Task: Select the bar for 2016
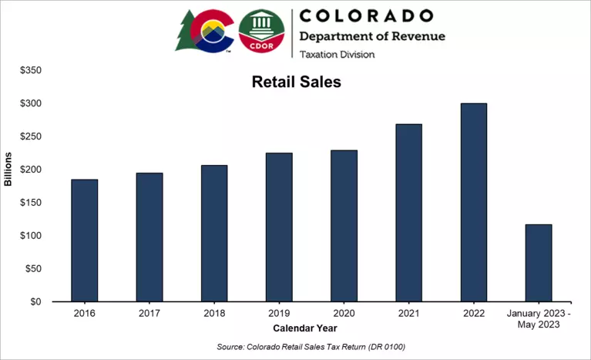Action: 84,241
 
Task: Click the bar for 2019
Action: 279,227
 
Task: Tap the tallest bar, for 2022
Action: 473,203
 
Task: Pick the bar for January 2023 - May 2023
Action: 538,263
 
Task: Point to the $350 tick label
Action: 31,70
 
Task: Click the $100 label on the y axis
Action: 31,236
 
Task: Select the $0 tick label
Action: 35,302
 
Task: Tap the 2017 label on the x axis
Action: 149,315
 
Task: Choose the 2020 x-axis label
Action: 344,315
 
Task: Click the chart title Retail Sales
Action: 296,82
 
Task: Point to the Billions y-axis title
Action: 8,170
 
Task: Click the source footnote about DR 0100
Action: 311,346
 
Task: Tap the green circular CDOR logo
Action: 261,33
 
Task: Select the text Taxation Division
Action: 336,54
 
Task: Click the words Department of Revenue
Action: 371,36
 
